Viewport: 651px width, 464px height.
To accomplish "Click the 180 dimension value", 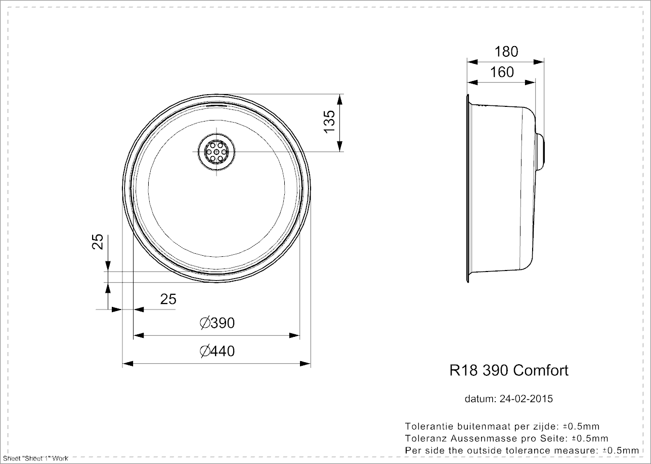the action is pos(506,52).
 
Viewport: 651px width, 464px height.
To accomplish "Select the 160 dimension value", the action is pos(502,72).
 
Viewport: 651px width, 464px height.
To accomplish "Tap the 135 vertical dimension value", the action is pos(330,122).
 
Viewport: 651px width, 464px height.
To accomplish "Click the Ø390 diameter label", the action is pos(217,323).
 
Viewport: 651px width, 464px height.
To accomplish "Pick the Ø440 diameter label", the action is pos(217,351).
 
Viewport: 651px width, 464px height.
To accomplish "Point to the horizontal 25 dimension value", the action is pos(168,299).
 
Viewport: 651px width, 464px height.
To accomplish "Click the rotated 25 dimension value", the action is pos(98,242).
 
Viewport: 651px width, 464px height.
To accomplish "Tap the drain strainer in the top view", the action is pos(216,151).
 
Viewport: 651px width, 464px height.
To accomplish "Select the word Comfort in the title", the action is pos(541,371).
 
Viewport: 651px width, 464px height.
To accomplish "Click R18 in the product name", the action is pos(463,371).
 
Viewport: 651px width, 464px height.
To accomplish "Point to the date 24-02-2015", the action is pos(526,399).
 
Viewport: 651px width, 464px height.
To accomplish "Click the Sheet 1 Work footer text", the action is pos(35,458).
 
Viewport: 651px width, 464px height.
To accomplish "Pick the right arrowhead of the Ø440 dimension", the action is pos(305,364).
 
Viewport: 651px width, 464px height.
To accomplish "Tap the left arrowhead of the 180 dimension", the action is pos(472,62).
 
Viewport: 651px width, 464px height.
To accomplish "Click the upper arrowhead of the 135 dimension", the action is pos(340,99).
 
